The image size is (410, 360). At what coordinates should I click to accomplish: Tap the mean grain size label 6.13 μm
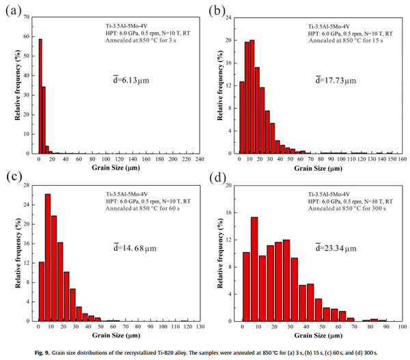point(131,79)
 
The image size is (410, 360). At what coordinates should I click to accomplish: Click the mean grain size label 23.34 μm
point(338,246)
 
